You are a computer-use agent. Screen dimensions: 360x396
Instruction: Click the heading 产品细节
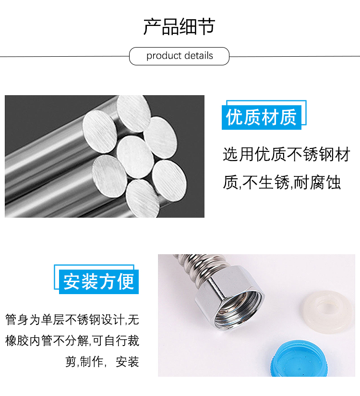click(x=179, y=26)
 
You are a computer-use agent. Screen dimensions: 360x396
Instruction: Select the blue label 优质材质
click(x=261, y=117)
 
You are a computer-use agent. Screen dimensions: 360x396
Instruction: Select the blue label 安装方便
click(x=99, y=282)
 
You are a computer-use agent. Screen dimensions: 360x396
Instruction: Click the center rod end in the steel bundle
click(x=135, y=157)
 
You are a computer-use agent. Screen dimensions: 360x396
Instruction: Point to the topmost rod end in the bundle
click(x=134, y=113)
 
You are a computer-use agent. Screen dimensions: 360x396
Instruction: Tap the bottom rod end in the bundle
click(x=143, y=198)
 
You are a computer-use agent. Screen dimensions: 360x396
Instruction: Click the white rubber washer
click(x=327, y=312)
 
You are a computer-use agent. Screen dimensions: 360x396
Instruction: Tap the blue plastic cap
click(x=299, y=359)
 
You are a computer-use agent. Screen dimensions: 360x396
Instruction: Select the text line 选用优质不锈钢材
click(x=287, y=154)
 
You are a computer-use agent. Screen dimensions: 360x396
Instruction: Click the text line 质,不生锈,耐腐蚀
click(x=282, y=182)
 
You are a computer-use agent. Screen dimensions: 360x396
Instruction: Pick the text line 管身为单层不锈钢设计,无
click(x=72, y=320)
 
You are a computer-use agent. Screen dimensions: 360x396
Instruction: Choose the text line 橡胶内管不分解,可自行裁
click(x=72, y=341)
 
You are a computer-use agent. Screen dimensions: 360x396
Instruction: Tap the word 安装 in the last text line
click(x=127, y=362)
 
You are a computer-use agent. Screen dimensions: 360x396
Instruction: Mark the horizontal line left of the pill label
click(x=65, y=56)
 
